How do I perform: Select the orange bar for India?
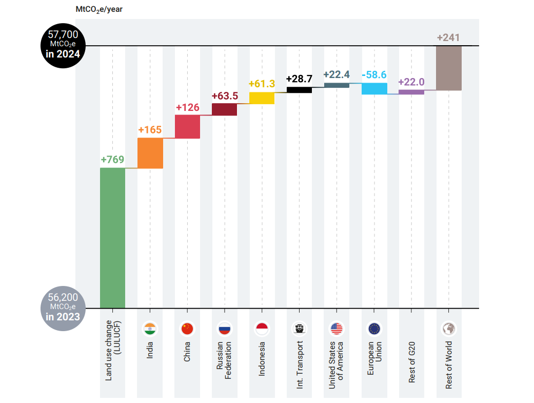150,153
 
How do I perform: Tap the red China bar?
187,126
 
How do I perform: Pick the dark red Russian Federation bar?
224,109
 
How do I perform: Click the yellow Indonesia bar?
262,98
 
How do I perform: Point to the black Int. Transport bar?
299,90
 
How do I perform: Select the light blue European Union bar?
374,88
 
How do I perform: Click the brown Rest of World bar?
449,68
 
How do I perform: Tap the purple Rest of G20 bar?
411,92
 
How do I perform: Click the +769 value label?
112,159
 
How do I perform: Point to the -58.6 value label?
374,74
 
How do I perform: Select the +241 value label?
448,37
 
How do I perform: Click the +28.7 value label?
299,79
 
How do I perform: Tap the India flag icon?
150,329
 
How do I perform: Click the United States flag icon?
337,329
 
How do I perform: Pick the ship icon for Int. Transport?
299,329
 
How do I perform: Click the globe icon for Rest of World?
449,329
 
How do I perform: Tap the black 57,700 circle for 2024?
63,45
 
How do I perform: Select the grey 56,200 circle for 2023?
63,307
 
